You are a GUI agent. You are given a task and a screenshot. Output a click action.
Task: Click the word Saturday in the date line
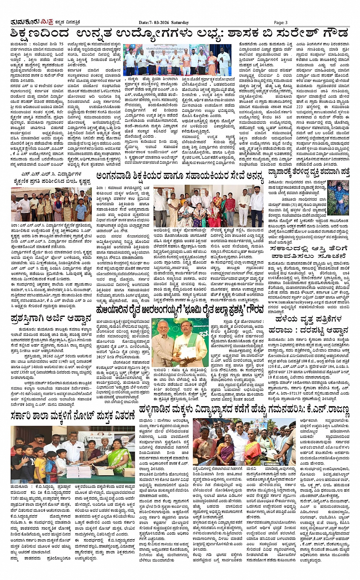pyautogui.click(x=180, y=22)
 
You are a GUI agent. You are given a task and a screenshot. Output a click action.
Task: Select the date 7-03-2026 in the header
pyautogui.click(x=160, y=22)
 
